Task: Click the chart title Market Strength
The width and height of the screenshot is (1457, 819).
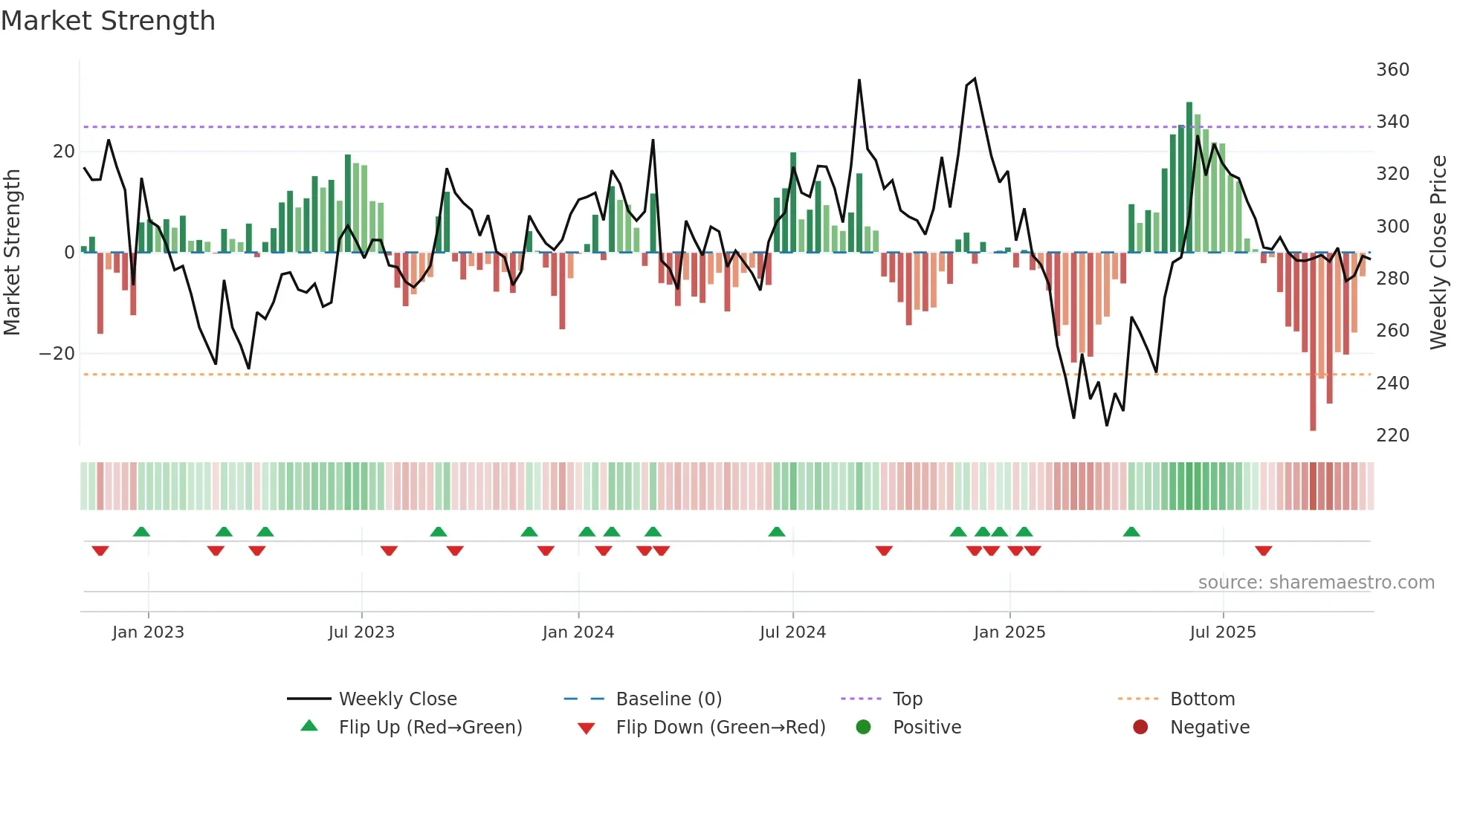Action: point(108,21)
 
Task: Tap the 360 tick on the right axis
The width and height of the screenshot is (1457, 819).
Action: point(1392,70)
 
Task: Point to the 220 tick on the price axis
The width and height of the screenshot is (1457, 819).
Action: point(1392,436)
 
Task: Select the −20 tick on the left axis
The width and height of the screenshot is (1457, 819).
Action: point(57,354)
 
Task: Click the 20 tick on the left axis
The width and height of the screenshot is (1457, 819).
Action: point(64,152)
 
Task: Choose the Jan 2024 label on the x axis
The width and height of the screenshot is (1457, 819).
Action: point(578,632)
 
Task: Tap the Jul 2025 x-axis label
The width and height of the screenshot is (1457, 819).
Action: point(1222,632)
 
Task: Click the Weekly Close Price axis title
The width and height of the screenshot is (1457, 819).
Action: point(1438,253)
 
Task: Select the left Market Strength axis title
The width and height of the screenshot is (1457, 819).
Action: point(13,253)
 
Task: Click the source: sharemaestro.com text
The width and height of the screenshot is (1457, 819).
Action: point(1316,583)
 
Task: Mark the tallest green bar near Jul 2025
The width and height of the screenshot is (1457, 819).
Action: point(1189,178)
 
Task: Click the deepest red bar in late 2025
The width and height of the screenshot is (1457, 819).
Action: point(1313,342)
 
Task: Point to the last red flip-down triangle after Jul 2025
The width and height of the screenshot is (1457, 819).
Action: point(1263,551)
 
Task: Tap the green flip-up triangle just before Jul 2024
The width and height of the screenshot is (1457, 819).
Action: point(776,531)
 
